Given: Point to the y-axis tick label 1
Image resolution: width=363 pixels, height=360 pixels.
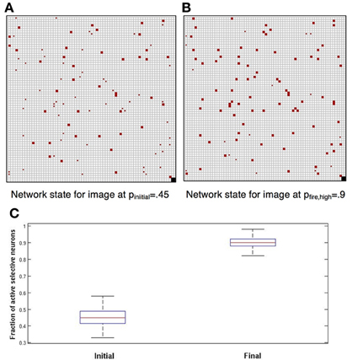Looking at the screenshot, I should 24,225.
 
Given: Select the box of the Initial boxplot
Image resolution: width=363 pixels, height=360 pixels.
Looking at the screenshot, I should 103,317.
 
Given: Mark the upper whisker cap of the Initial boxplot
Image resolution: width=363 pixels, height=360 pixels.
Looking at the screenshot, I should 103,296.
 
